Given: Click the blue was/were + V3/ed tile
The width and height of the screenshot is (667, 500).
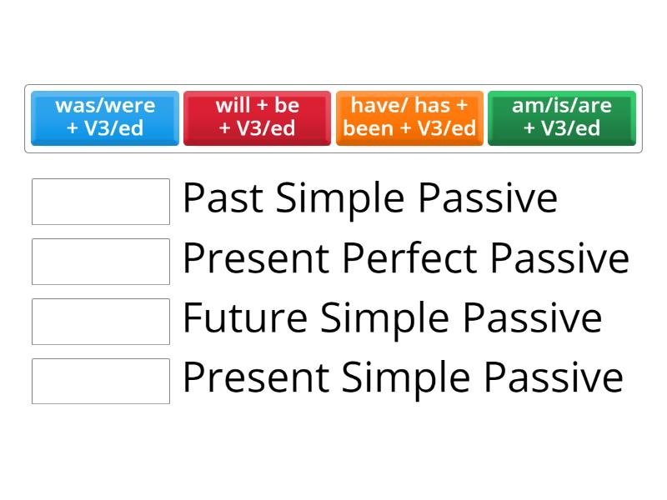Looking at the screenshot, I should (105, 117).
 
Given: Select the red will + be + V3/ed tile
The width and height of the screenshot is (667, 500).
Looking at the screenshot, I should (257, 117).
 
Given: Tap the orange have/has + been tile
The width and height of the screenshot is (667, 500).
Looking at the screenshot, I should (409, 117).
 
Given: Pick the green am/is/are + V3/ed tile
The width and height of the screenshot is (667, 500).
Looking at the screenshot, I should (561, 117).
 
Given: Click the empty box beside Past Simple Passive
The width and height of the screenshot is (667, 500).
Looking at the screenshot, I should (101, 201).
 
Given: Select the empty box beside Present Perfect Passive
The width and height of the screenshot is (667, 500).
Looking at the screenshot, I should (101, 261).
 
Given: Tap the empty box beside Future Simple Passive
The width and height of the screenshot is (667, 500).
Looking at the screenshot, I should (101, 321).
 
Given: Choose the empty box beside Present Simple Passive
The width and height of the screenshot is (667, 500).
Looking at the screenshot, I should (101, 381).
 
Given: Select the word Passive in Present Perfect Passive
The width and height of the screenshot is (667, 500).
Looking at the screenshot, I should (559, 259).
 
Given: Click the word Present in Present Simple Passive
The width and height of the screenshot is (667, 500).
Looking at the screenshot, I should (255, 379).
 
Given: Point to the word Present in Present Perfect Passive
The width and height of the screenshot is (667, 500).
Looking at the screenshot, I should (255, 259).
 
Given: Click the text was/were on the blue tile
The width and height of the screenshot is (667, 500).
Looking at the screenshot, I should (105, 106).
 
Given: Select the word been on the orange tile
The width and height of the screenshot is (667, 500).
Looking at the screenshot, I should (369, 128).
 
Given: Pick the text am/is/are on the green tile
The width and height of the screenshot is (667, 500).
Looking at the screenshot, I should (562, 106).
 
